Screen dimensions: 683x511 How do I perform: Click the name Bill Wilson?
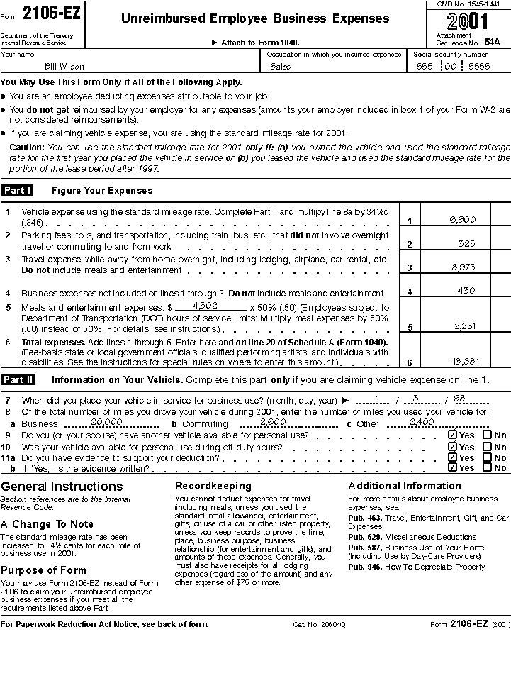64,67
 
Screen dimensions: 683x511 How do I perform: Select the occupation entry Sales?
281,67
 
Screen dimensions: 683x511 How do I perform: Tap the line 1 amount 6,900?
463,220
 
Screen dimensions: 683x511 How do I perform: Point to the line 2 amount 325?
466,243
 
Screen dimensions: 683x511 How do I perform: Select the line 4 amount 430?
466,290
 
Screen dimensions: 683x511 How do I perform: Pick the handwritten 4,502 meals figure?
206,305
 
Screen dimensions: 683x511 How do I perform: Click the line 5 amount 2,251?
465,326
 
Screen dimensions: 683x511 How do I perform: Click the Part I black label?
17,190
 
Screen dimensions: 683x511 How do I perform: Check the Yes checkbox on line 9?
452,435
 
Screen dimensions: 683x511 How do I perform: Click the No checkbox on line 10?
487,447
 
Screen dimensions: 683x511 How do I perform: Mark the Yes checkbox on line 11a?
452,457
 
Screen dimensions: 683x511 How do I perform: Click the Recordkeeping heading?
213,486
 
